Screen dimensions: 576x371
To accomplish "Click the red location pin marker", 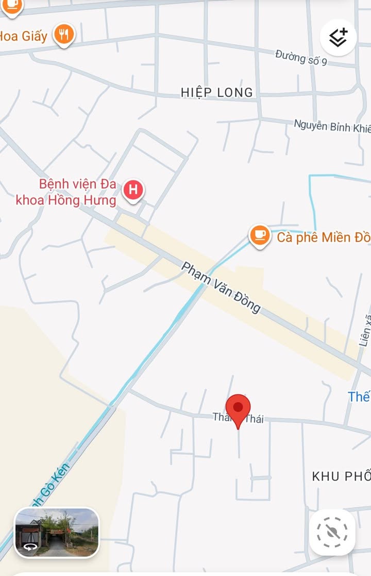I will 238,408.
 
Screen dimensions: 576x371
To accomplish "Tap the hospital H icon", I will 133,190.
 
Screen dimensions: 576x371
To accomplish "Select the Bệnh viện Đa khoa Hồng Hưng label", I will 66,192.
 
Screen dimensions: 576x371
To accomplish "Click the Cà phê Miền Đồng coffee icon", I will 260,235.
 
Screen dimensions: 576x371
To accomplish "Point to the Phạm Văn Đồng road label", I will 221,287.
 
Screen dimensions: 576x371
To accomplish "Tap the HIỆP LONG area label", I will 217,92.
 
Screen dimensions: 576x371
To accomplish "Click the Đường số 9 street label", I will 301,57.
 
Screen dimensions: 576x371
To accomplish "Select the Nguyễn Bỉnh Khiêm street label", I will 332,126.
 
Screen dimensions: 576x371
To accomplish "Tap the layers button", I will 338,37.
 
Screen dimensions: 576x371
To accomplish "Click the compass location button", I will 332,532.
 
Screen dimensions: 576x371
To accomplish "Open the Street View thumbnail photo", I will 57,532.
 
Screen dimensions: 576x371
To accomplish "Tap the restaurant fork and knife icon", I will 64,35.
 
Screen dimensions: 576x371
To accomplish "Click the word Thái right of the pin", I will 254,419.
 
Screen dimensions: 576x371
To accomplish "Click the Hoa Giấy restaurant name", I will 23,36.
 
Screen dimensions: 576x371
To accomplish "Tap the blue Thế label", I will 359,396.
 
